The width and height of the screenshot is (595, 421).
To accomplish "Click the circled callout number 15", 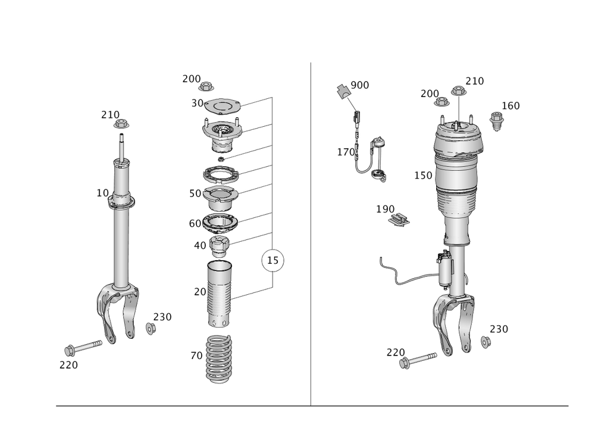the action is [273, 260].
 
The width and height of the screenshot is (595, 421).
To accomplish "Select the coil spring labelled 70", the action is [219, 358].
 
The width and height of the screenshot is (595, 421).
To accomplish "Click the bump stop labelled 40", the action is [220, 246].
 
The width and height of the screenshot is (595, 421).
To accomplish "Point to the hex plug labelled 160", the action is [496, 121].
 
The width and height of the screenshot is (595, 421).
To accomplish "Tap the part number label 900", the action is [360, 85].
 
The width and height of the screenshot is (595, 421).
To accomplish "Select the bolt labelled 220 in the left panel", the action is [83, 347].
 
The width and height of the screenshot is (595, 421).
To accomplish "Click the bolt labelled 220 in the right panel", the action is [418, 360].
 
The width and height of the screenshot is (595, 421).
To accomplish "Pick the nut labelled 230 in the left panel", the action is [151, 328].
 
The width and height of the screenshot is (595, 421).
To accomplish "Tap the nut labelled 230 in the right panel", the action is [486, 342].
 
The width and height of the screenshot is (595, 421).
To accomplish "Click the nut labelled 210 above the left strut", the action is [121, 124].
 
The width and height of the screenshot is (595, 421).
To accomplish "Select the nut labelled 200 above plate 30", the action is [206, 86].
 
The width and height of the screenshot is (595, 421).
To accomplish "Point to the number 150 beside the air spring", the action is [423, 176].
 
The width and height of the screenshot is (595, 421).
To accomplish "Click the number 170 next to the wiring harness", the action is [346, 152].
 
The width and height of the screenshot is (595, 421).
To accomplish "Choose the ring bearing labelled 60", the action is [221, 224].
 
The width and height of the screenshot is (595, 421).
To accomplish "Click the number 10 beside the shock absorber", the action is [102, 193].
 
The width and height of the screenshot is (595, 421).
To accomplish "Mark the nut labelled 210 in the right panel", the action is [459, 91].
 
